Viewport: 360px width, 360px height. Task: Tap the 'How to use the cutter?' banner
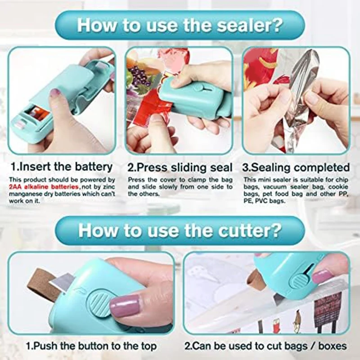coord(180,230)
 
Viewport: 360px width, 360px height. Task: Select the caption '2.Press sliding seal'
coord(180,167)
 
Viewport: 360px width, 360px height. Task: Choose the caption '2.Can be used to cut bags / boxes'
coord(266,346)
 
